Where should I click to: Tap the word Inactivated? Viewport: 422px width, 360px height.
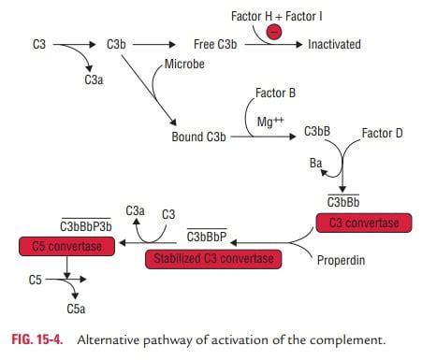(334, 44)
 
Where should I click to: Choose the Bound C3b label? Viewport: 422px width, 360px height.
(197, 137)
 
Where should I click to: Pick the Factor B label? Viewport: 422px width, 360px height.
(275, 94)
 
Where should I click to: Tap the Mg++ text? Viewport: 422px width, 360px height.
(270, 122)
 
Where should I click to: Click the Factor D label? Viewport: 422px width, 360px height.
(382, 134)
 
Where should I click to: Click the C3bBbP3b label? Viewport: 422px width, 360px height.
(86, 227)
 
